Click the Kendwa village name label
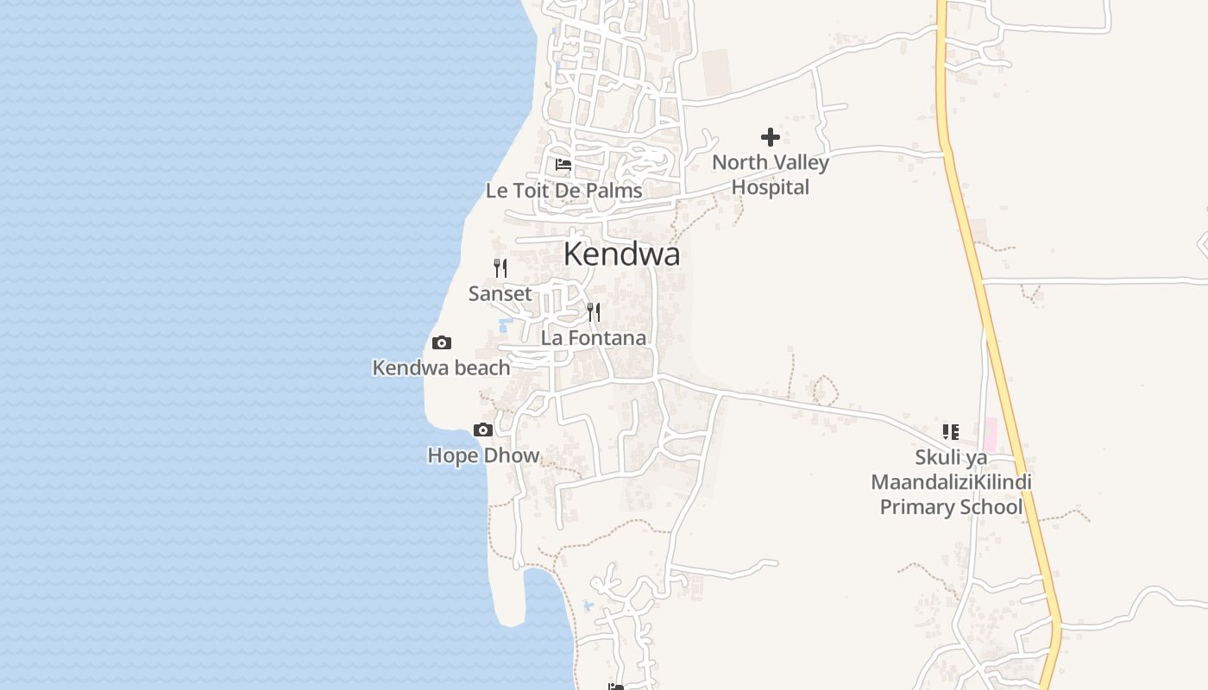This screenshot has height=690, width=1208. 621,254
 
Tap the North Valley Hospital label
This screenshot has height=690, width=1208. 770,174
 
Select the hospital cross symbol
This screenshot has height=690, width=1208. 771,136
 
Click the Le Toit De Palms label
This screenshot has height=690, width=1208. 563,191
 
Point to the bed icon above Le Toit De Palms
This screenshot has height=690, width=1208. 563,164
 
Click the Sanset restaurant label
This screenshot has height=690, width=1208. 500,294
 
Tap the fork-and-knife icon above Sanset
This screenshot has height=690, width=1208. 500,267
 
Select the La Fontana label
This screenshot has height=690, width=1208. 594,338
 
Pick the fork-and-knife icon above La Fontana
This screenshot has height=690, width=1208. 594,311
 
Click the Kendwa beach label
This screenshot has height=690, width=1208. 441,368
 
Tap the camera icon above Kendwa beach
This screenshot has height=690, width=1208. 441,342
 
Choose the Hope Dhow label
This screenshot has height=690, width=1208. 483,455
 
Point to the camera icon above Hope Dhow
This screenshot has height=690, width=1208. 483,430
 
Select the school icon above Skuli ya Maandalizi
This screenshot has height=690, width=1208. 951,431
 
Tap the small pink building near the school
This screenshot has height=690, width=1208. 990,433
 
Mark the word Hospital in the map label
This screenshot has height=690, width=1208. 771,187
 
